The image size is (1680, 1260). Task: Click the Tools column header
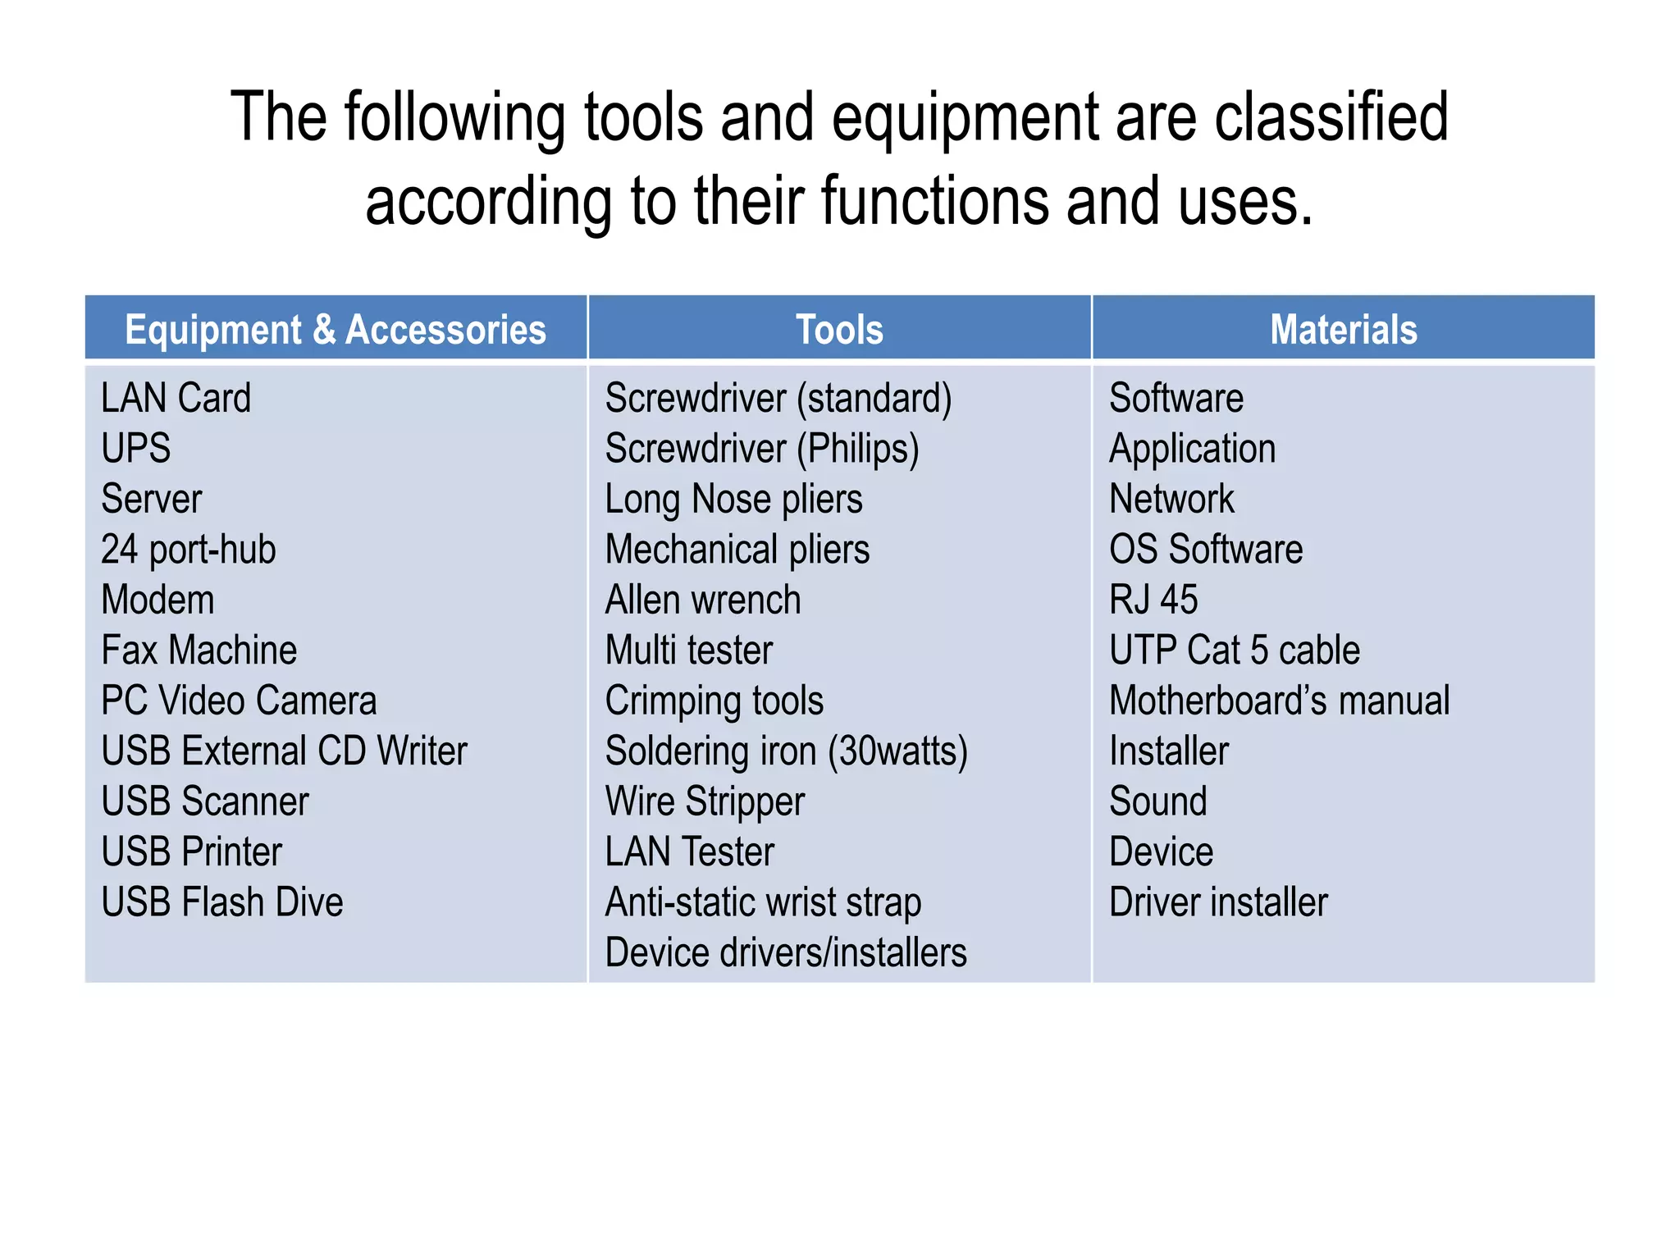coord(839,330)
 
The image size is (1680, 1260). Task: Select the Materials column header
coord(1343,330)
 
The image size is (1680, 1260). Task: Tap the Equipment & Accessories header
coord(336,330)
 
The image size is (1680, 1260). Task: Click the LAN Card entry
coord(176,399)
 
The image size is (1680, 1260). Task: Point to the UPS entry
coord(136,449)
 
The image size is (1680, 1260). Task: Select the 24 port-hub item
coord(188,550)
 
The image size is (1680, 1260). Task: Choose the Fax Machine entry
coord(199,651)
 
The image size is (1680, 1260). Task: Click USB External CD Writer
coord(284,751)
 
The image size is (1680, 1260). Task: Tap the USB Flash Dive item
coord(221,902)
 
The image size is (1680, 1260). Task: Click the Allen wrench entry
coord(703,600)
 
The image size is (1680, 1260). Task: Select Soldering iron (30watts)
coord(786,751)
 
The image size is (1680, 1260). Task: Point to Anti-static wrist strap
coord(763,902)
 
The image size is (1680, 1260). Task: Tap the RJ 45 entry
coord(1153,600)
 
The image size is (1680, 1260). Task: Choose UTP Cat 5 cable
coord(1235,651)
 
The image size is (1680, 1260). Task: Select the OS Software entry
coord(1206,550)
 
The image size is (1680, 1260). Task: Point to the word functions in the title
coord(934,201)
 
